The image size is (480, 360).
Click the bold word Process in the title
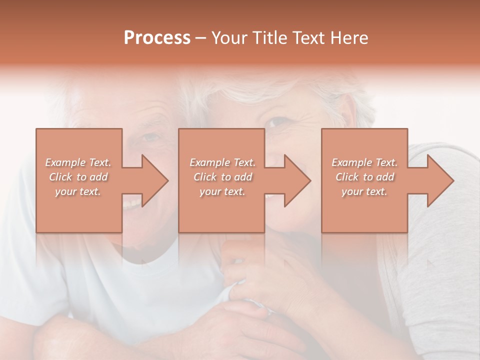157,38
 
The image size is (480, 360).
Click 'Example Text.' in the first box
78,162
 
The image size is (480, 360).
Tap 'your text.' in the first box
78,191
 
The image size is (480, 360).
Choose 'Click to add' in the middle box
222,177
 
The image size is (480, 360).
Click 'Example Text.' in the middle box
222,162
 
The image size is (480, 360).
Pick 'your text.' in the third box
364,191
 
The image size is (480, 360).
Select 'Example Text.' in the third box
364,162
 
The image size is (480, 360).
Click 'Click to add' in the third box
364,177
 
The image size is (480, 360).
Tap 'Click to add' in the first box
78,177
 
